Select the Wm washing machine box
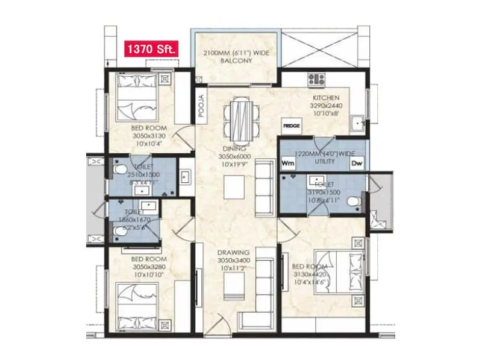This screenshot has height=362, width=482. [288, 163]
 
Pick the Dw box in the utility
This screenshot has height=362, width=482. [357, 163]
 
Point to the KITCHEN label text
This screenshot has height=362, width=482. [325, 98]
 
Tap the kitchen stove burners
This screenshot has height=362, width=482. [316, 78]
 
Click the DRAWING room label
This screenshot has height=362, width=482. [233, 255]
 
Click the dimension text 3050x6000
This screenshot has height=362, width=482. [233, 156]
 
